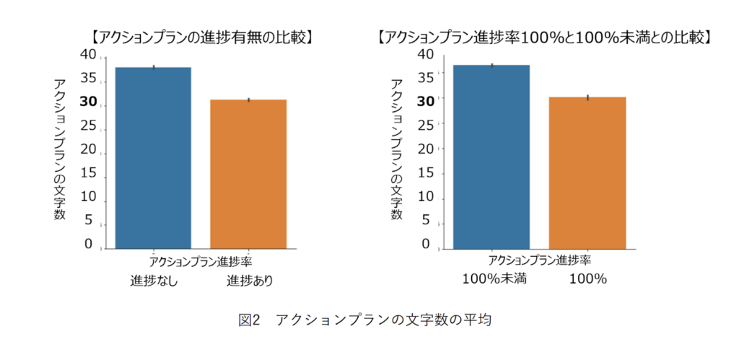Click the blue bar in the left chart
coord(152,157)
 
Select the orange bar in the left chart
coord(248,173)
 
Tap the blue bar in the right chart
coord(491,157)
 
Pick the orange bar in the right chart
coord(587,172)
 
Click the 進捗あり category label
coord(250,281)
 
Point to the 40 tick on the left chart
coord(87,56)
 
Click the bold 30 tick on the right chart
coord(426,100)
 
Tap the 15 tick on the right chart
coord(426,173)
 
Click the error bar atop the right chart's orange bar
coord(587,97)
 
